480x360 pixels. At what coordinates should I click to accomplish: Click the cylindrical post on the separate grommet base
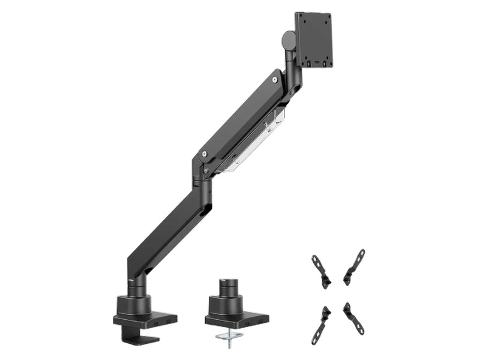click(228, 286)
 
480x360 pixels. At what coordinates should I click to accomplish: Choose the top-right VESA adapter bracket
click(355, 266)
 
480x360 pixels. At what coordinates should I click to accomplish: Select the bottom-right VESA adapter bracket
click(353, 319)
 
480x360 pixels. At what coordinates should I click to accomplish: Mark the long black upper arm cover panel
click(240, 114)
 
